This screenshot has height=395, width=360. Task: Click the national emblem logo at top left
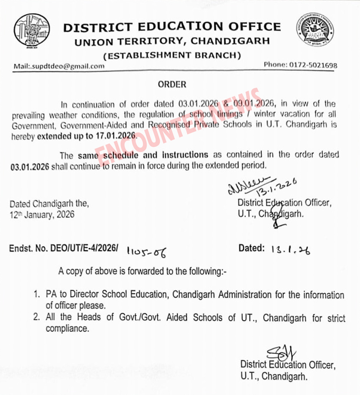coord(31,31)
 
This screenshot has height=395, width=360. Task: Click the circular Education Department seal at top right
coord(315,30)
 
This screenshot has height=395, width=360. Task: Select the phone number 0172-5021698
coord(313,65)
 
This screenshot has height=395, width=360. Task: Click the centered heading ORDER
coord(172,85)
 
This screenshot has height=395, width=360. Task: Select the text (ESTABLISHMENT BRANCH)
coord(172,55)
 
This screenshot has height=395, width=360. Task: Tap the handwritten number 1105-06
coord(146,251)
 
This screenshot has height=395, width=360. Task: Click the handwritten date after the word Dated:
coord(291,250)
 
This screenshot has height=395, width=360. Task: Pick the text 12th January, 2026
coord(42,215)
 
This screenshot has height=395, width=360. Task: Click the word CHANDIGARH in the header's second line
coord(230,41)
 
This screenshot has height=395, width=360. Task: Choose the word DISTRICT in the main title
coord(96,27)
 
